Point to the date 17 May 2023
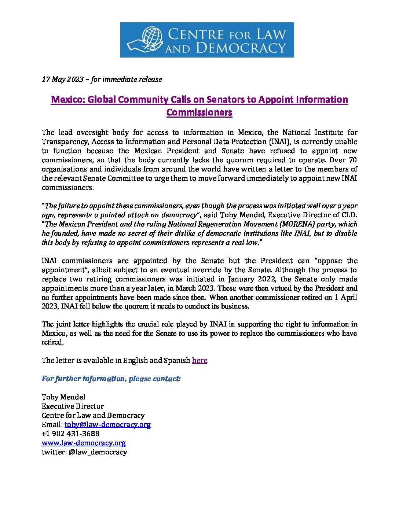63,79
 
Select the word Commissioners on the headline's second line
199,112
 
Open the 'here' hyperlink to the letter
199,360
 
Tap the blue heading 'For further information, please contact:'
111,379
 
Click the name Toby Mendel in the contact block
63,397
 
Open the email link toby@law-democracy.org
107,424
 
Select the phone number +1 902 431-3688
70,434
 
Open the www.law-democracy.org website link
84,443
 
